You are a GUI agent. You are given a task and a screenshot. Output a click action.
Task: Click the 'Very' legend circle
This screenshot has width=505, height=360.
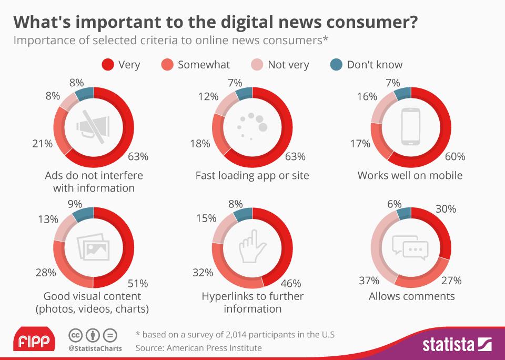tap(108, 65)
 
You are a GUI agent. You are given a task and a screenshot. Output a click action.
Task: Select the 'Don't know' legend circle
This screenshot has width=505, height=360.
tap(336, 65)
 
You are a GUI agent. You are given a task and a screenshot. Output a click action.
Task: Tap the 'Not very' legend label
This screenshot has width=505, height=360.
tap(288, 65)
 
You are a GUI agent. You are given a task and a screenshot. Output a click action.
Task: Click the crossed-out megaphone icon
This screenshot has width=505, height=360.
tap(93, 126)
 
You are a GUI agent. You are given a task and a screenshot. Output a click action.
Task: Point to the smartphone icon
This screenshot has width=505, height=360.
tap(411, 126)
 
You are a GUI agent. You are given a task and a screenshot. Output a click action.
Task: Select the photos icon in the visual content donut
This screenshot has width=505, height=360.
tap(93, 246)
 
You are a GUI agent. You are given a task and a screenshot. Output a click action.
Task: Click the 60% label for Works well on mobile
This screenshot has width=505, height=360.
tap(454, 157)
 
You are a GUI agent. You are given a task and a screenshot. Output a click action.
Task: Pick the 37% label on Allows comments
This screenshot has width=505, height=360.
tap(369, 281)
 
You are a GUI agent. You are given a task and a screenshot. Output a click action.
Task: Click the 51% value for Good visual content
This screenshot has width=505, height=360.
tap(138, 283)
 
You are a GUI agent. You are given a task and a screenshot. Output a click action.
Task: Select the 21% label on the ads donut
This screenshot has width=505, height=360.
tap(42, 143)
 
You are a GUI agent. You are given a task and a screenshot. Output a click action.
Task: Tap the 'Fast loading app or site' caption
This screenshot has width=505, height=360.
tap(252, 175)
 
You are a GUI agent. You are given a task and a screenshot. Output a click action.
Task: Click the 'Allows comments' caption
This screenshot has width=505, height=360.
tap(411, 296)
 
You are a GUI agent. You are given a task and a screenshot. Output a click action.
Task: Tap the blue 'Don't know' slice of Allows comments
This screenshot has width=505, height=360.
tap(404, 213)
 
